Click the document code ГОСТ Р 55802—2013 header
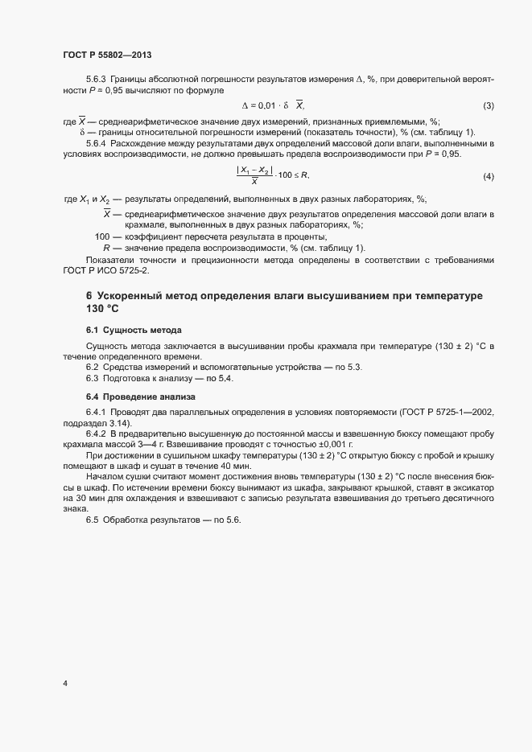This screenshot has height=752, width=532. point(107,55)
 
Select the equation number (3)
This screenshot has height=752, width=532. point(488,106)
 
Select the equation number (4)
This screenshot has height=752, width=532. point(488,176)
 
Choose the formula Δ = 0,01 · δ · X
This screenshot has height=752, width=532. point(274,106)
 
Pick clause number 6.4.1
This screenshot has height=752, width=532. point(97,413)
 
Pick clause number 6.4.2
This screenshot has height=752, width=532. point(97,434)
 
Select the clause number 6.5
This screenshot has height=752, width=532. point(93,520)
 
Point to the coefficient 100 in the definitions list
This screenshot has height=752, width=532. point(102,236)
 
